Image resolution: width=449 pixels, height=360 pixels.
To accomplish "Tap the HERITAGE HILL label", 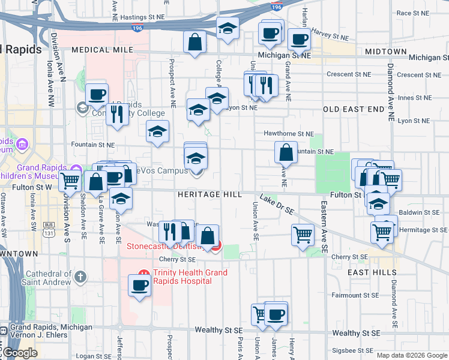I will [209, 195].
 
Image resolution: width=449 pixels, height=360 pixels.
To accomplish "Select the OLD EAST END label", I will [353, 109].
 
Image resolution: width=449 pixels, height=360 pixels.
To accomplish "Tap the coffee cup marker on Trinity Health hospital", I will [139, 286].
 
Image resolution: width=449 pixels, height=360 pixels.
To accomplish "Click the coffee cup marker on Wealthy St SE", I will [276, 314].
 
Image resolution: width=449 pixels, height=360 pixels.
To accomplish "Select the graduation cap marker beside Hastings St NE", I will [228, 29].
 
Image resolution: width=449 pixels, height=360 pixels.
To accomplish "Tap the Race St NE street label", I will [412, 13].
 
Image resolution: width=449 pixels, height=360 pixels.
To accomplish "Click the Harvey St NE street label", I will [329, 37].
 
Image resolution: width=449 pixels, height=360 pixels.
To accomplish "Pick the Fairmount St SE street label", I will [356, 295].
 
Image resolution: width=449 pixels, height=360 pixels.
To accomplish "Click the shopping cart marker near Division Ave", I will [70, 179].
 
